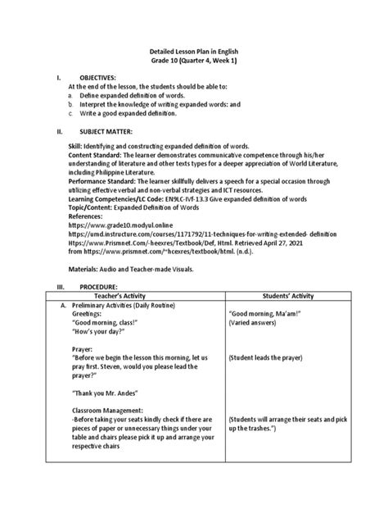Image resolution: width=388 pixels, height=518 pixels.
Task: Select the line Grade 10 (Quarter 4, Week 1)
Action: pos(193,61)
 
